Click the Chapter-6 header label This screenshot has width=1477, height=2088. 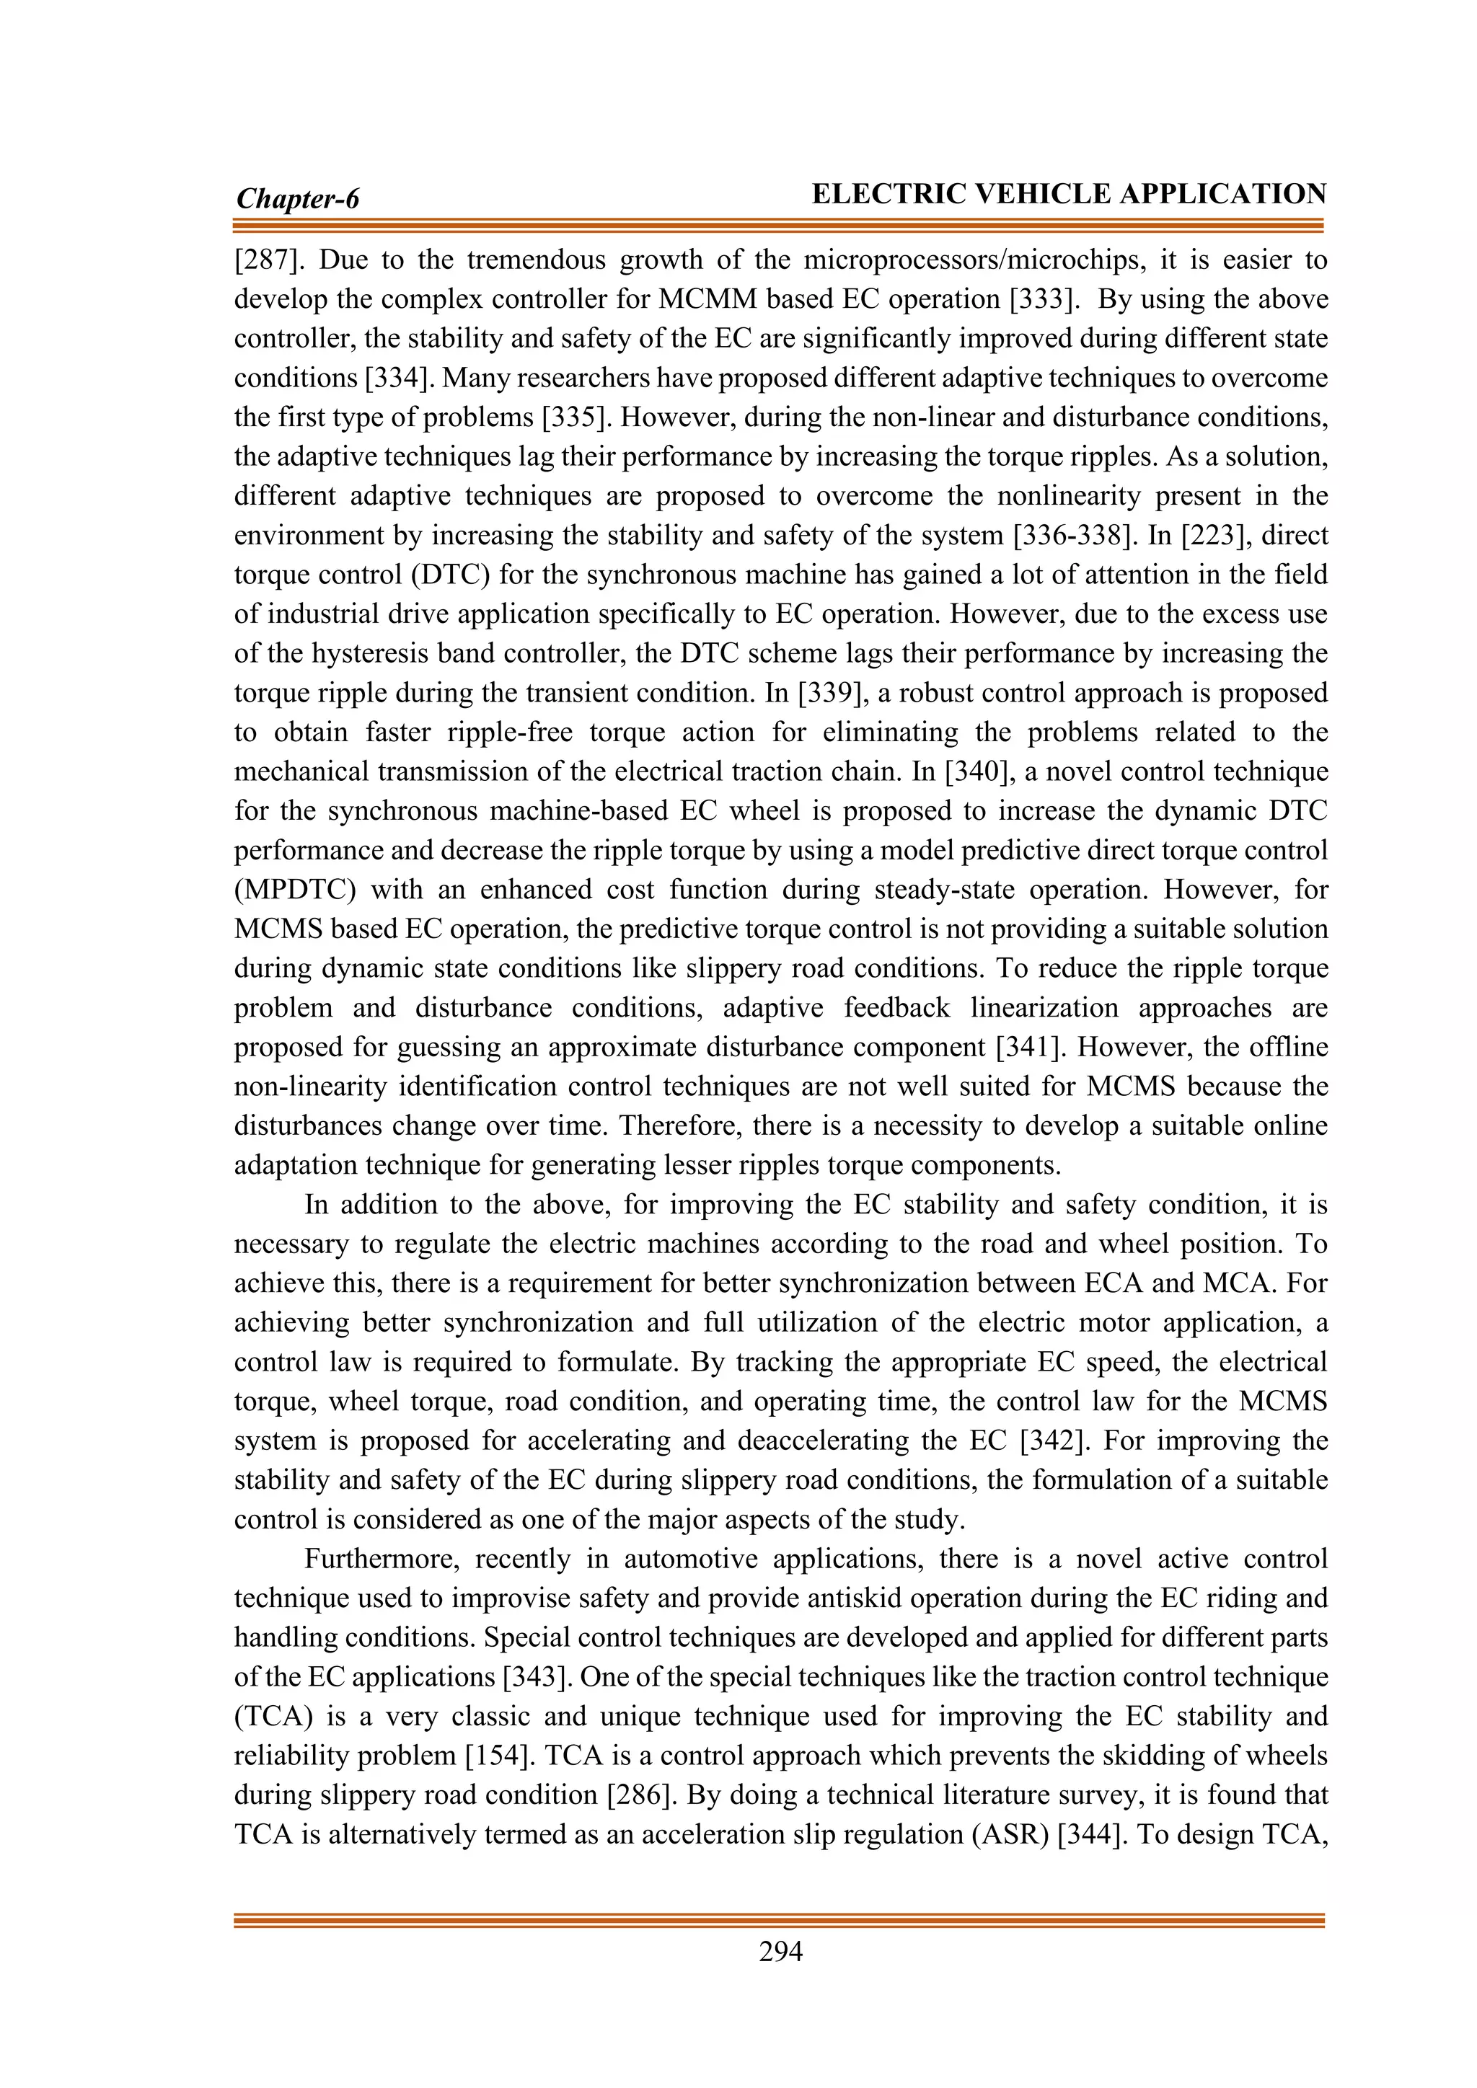[x=297, y=198]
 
